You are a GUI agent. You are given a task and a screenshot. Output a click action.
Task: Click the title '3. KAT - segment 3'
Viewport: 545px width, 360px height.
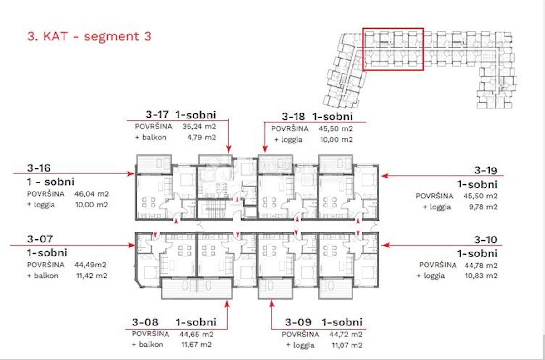(x=89, y=36)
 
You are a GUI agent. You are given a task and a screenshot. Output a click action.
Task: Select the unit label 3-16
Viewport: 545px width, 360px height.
(x=39, y=168)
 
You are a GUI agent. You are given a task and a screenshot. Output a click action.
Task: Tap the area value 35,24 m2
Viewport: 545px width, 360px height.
(x=199, y=127)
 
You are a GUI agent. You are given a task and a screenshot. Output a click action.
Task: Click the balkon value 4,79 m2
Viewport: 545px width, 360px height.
(x=202, y=138)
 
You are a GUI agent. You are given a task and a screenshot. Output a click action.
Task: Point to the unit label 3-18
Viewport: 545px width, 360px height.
(x=293, y=117)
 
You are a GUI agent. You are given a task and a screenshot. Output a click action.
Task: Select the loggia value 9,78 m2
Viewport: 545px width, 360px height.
(x=483, y=207)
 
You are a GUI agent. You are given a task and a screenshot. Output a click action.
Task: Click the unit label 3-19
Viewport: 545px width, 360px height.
(x=486, y=170)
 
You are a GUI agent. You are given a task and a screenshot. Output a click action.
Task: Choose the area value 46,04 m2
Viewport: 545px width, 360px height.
(x=91, y=194)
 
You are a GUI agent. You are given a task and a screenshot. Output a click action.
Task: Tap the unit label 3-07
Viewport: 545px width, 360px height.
(x=40, y=239)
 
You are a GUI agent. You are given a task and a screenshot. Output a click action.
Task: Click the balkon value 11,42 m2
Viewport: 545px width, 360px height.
(x=92, y=276)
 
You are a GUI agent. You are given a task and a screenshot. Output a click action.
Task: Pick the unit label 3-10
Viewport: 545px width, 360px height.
(x=486, y=240)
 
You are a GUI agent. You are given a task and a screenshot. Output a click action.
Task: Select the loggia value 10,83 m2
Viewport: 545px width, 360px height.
(x=481, y=276)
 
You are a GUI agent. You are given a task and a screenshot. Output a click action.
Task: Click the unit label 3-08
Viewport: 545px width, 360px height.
(x=145, y=322)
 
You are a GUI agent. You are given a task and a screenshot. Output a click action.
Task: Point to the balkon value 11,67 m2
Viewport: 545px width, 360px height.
(x=196, y=345)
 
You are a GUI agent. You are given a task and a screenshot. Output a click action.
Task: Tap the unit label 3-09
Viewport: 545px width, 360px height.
(x=298, y=322)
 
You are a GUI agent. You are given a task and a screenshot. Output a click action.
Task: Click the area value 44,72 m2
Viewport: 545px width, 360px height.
(x=346, y=335)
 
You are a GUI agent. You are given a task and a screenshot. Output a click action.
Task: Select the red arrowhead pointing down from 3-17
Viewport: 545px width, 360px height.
(x=228, y=149)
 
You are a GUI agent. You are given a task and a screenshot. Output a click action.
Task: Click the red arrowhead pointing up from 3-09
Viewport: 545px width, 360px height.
(x=272, y=304)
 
